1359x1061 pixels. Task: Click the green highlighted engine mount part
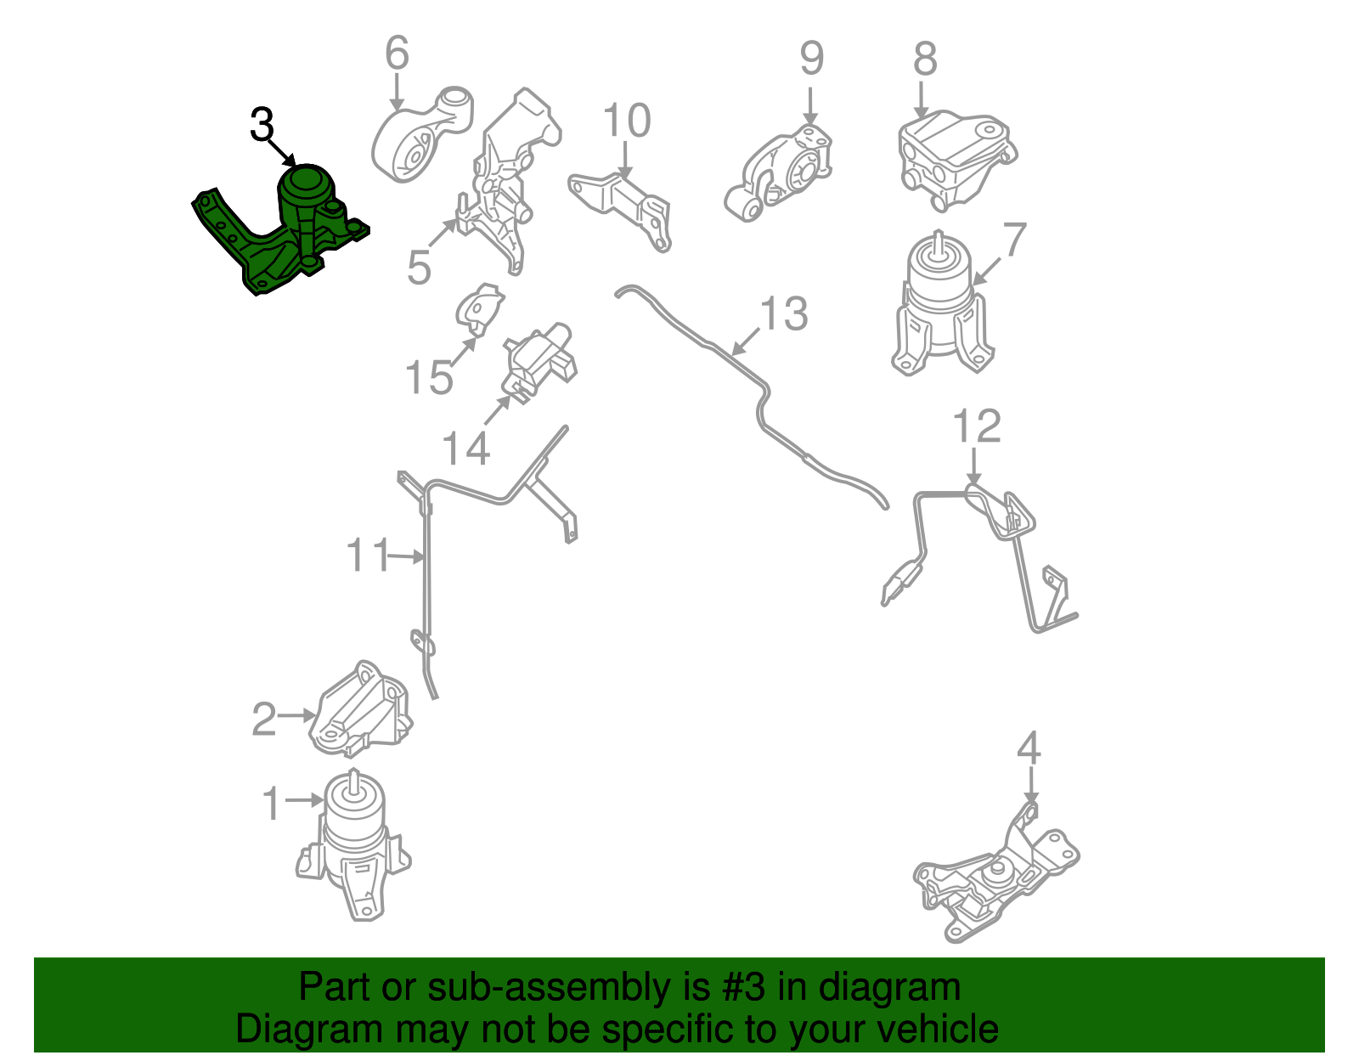click(289, 229)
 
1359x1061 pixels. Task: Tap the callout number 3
click(262, 125)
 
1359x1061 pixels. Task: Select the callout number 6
click(397, 54)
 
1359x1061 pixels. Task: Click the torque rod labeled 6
click(420, 136)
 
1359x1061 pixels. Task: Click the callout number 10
click(627, 121)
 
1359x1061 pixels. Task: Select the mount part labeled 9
click(781, 174)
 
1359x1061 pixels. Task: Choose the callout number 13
click(783, 314)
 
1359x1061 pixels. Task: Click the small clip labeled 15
click(480, 306)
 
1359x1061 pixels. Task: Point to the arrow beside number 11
click(406, 557)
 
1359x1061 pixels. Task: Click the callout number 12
click(977, 426)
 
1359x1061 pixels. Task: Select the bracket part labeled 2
click(361, 709)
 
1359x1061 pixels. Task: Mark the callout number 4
click(1029, 748)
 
